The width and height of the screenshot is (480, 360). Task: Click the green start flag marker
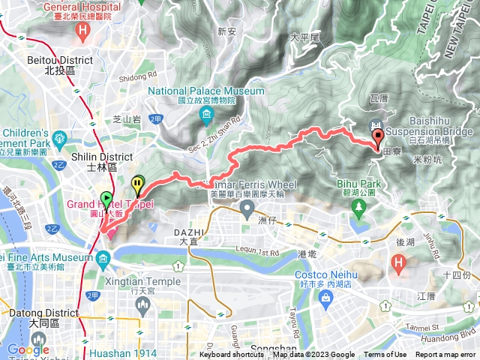(x=106, y=200)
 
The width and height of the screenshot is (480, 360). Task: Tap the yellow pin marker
(x=138, y=183)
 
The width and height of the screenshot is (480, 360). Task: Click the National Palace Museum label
(x=206, y=91)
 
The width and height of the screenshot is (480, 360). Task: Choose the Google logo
(x=28, y=349)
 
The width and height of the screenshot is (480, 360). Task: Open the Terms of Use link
(x=385, y=355)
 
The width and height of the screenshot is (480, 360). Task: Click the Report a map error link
(x=445, y=355)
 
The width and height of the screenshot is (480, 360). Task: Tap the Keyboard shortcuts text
(x=232, y=355)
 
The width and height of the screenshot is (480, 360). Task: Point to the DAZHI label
(x=188, y=232)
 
